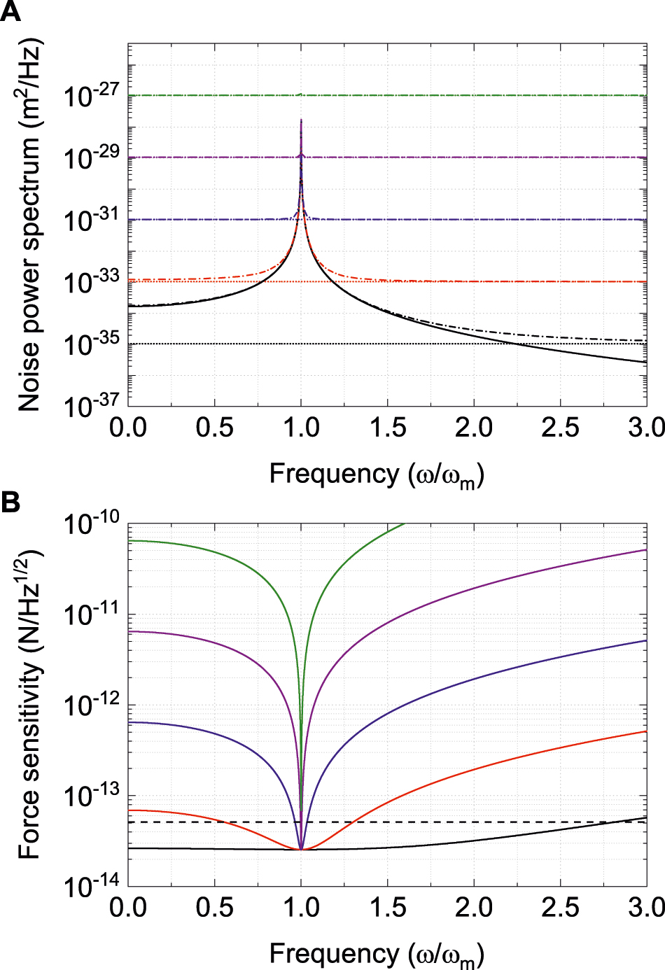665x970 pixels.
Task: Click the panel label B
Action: point(10,502)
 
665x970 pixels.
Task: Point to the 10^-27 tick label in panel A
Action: point(91,95)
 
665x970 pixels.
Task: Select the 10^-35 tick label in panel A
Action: point(91,344)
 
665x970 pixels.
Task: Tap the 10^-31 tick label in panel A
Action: point(91,220)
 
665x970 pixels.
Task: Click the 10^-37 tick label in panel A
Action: point(91,405)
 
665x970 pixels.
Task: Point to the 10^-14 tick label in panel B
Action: point(91,886)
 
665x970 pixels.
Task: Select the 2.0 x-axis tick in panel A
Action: point(474,428)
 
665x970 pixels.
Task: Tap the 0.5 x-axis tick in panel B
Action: point(214,908)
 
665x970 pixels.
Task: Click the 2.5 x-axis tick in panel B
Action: point(560,908)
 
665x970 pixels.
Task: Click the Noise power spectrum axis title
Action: point(29,224)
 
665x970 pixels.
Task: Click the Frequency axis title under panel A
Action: point(377,475)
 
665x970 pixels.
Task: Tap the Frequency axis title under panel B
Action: point(377,954)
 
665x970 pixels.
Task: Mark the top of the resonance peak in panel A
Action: point(301,120)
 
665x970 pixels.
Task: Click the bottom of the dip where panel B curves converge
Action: point(301,849)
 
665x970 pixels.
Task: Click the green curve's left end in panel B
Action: point(129,540)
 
